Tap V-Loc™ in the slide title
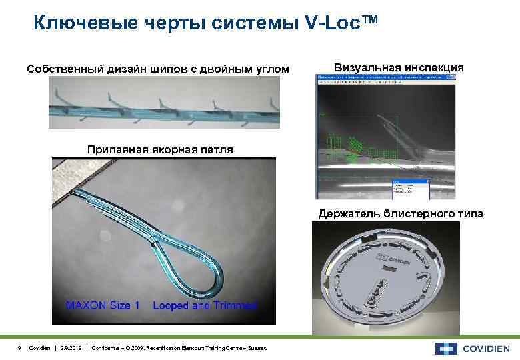(341, 24)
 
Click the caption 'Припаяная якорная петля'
(160, 149)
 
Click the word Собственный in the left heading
(61, 69)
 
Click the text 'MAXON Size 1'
(103, 305)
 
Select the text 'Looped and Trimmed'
(205, 305)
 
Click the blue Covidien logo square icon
(446, 348)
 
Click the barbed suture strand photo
(164, 103)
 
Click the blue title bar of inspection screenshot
(387, 77)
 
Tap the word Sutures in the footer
(255, 348)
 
